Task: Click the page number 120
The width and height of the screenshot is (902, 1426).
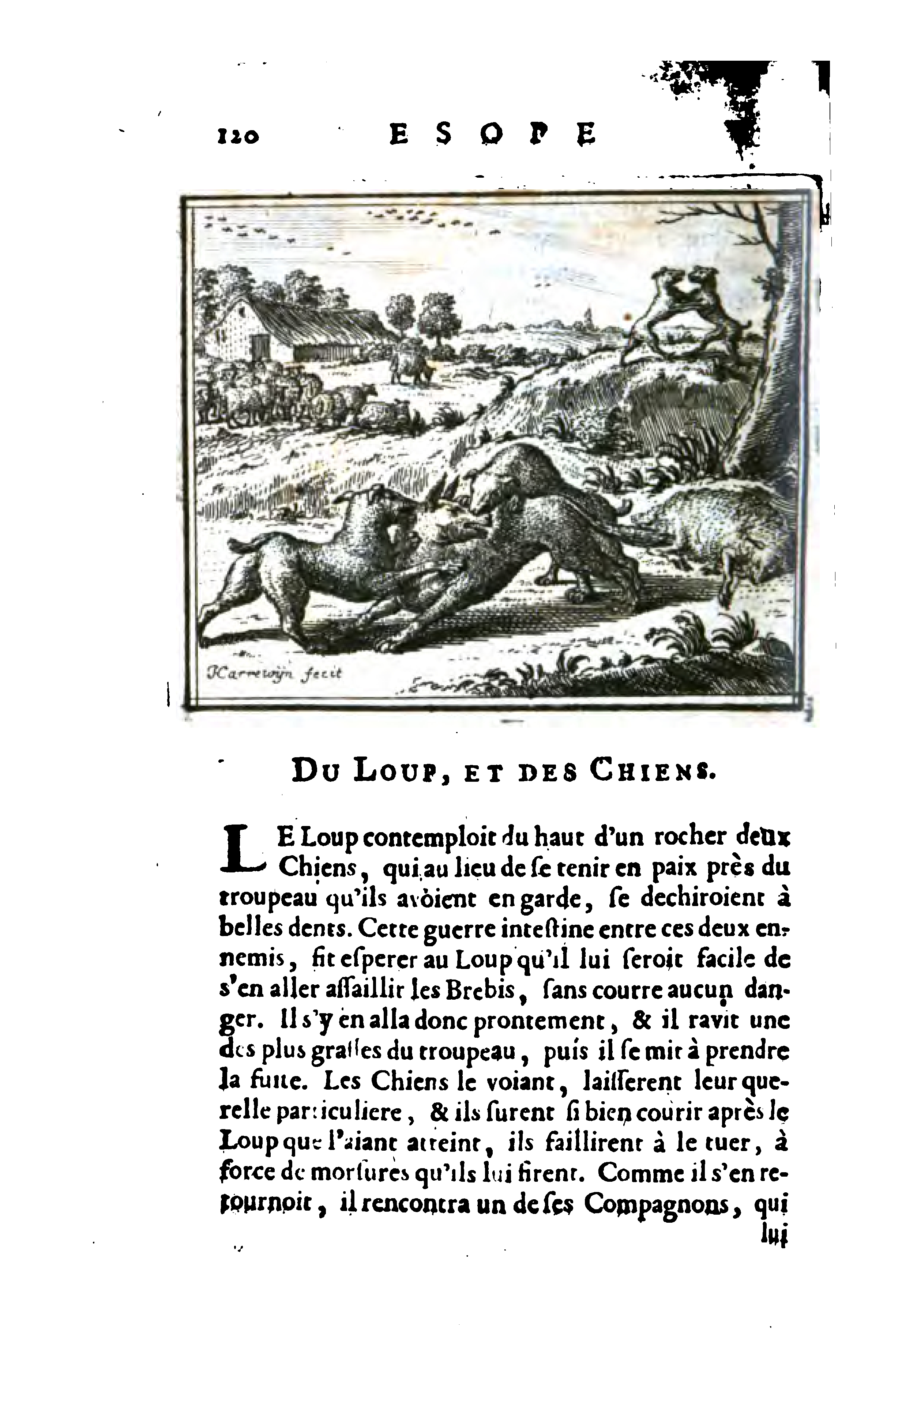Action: pyautogui.click(x=237, y=136)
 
